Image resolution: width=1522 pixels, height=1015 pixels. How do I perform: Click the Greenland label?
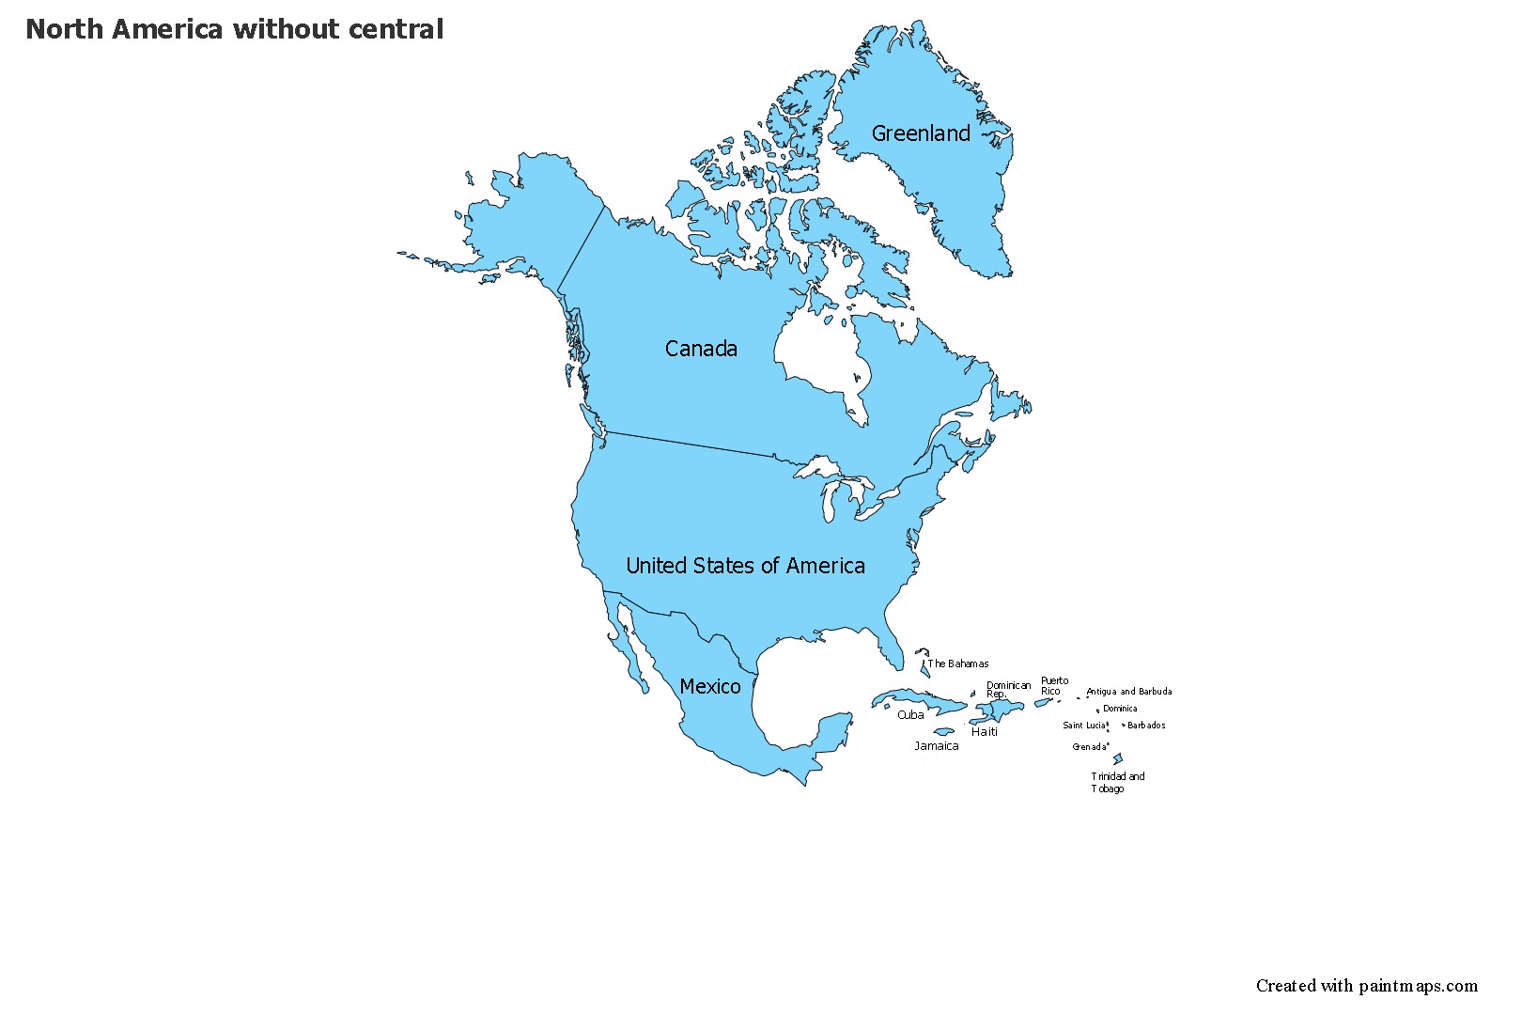point(921,133)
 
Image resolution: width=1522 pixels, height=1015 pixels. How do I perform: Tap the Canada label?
point(701,349)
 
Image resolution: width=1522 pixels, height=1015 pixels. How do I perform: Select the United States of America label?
point(745,566)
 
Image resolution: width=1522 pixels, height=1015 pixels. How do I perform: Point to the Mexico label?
point(710,687)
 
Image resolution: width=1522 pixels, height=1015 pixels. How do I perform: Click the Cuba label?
point(910,715)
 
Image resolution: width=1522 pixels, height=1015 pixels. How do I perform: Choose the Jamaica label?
point(937,746)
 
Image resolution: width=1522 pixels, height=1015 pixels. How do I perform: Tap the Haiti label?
point(985,732)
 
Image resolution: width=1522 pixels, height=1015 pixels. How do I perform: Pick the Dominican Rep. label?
point(1008,690)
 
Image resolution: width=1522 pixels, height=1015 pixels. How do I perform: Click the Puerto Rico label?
point(1054,686)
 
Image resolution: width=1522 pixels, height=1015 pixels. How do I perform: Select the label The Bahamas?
point(958,664)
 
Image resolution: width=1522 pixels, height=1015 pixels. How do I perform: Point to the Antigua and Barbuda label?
point(1129,692)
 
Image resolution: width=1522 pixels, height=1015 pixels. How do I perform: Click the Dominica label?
point(1120,709)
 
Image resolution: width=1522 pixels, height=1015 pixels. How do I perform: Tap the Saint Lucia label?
point(1084,726)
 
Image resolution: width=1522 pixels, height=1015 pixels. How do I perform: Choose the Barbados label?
point(1146,726)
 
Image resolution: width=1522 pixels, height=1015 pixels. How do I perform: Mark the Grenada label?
point(1089,747)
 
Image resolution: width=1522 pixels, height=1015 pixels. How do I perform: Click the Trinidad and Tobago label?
point(1117,783)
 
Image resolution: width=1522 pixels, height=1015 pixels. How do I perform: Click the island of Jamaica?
point(944,732)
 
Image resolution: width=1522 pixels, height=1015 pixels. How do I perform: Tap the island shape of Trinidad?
point(1118,759)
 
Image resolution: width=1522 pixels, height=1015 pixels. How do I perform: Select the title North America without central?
point(235,29)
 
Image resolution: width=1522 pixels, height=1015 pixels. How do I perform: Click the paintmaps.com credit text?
point(1367,986)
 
